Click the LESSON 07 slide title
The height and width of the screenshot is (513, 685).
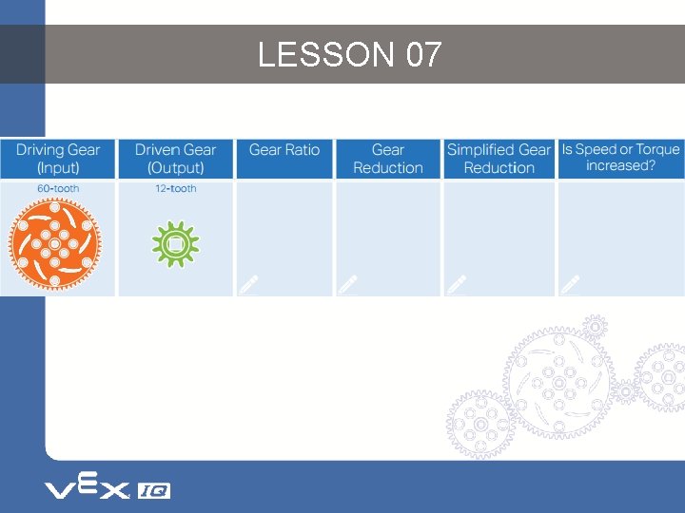pyautogui.click(x=349, y=55)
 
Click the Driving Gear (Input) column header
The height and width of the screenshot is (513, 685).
pyautogui.click(x=57, y=159)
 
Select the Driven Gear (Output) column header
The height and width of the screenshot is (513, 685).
pyautogui.click(x=175, y=159)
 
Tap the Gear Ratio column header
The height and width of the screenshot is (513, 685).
pyautogui.click(x=284, y=150)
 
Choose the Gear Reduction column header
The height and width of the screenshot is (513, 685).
pyautogui.click(x=387, y=159)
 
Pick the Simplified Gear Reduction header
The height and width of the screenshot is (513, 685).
pyautogui.click(x=499, y=159)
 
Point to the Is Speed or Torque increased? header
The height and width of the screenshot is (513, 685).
pyautogui.click(x=620, y=158)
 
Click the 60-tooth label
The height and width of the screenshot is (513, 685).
pyautogui.click(x=59, y=189)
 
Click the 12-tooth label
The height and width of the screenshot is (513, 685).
pyautogui.click(x=176, y=189)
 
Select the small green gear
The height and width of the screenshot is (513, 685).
pyautogui.click(x=175, y=245)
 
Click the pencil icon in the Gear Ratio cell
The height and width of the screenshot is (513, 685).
pyautogui.click(x=249, y=284)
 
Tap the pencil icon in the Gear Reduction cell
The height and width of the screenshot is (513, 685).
pyautogui.click(x=348, y=284)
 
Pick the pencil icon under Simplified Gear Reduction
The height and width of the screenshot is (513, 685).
pyautogui.click(x=457, y=284)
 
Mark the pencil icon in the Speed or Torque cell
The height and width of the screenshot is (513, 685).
pyautogui.click(x=570, y=284)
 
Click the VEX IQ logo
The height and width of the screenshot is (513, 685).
pyautogui.click(x=107, y=489)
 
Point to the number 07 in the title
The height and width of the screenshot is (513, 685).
pyautogui.click(x=423, y=55)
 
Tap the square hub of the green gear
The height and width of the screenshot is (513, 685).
pyautogui.click(x=175, y=245)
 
